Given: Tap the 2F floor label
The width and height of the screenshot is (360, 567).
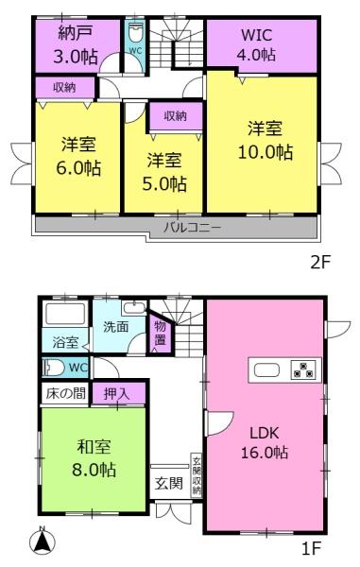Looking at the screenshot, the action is click(x=320, y=262).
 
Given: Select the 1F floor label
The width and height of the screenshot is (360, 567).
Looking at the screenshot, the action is click(x=311, y=548).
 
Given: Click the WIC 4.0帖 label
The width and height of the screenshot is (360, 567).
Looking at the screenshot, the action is click(x=256, y=44).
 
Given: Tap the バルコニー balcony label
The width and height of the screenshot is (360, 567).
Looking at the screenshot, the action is click(x=193, y=228).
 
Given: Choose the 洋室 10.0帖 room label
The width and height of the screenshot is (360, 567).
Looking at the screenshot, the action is click(x=265, y=141).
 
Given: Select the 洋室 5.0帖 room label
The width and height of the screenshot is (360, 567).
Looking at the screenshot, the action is click(x=164, y=172).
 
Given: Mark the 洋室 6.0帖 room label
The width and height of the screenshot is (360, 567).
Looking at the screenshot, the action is click(x=78, y=156).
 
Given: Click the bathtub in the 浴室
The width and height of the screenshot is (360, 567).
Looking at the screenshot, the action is click(x=65, y=314).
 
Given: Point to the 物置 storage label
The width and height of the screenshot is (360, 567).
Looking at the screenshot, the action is click(x=160, y=333).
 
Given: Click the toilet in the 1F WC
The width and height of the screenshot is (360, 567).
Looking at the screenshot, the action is click(x=54, y=368).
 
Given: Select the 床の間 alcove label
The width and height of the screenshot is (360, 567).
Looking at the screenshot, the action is click(x=66, y=393).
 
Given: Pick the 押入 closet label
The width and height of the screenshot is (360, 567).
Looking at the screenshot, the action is click(x=117, y=393).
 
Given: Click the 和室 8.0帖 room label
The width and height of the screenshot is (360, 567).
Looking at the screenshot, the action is click(x=94, y=458).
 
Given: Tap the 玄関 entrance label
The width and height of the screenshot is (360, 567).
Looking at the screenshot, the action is click(x=169, y=483).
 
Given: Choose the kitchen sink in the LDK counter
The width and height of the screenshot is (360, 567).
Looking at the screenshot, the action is click(x=266, y=369).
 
